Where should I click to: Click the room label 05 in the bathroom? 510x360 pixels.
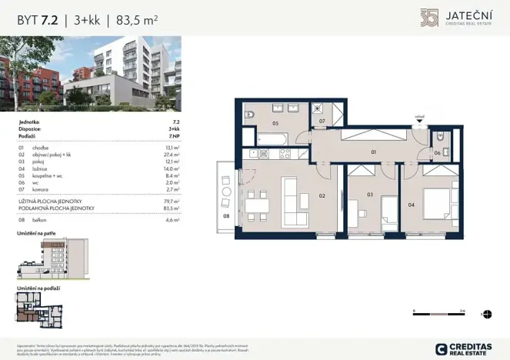click(x=275, y=122)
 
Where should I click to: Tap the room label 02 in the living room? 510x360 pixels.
click(x=322, y=196)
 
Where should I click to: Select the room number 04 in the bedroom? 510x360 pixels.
click(x=411, y=205)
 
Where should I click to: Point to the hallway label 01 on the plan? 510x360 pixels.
click(x=373, y=152)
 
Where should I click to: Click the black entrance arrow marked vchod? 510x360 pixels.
click(x=419, y=122)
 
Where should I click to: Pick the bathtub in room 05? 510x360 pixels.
click(x=272, y=138)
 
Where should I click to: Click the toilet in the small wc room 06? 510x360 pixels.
click(x=439, y=137)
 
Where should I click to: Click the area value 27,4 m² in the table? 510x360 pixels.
click(x=172, y=154)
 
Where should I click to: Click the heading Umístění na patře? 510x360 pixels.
click(x=36, y=232)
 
